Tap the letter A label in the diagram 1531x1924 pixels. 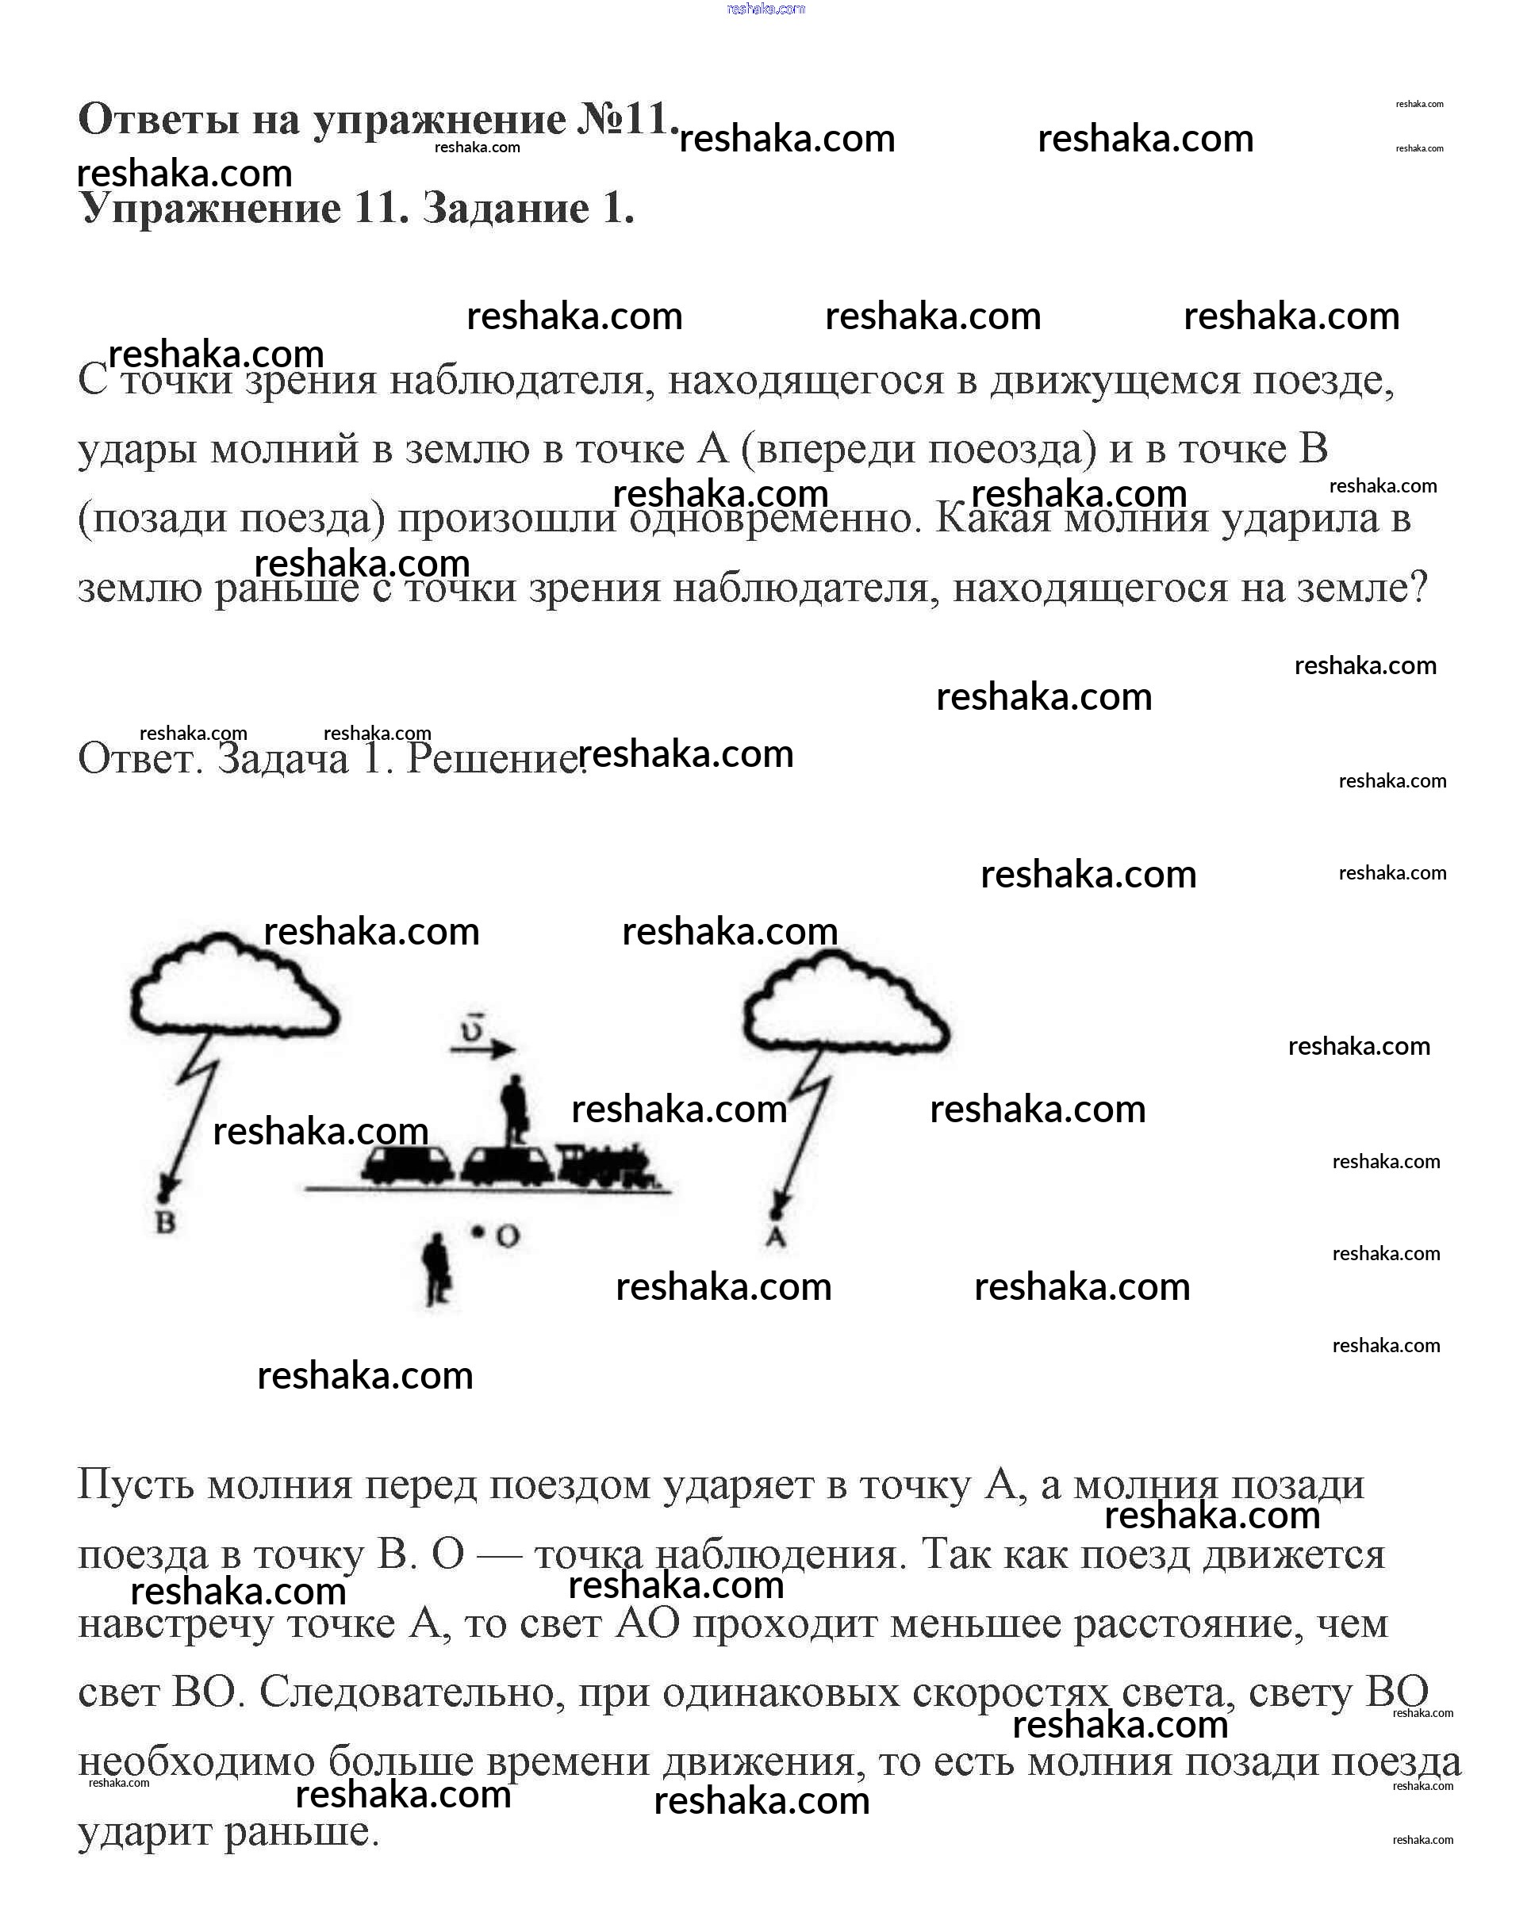[775, 1238]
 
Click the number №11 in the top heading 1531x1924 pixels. [625, 119]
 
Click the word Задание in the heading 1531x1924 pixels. [505, 208]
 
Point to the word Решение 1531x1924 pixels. [493, 757]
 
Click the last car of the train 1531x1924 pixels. [406, 1164]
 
